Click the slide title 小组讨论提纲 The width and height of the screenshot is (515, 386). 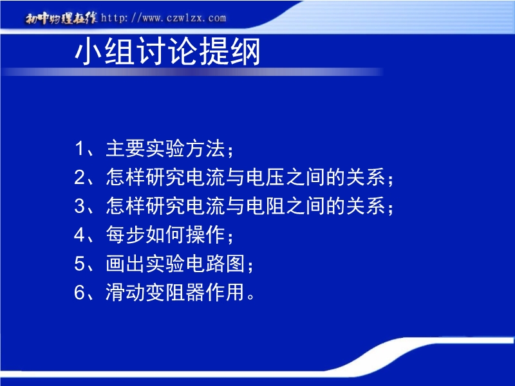click(167, 51)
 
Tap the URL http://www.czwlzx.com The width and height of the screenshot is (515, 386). click(164, 18)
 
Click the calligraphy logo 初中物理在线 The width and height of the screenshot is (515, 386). click(61, 19)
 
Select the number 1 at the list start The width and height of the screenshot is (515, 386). click(79, 149)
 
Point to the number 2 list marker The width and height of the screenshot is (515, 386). click(80, 178)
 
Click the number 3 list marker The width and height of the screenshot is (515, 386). click(80, 206)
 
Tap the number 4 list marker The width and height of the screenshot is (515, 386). click(80, 235)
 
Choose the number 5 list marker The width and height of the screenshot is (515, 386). click(80, 264)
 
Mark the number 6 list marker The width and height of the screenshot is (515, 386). click(80, 292)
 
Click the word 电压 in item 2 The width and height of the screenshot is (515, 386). click(265, 178)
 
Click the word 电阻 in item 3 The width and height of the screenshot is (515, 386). click(265, 206)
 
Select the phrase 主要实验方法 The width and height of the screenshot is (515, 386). click(165, 149)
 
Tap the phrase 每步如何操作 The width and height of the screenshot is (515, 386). click(165, 235)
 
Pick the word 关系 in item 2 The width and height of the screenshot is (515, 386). click(366, 178)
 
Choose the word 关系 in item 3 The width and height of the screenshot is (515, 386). click(366, 206)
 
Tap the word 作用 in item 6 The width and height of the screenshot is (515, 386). click(225, 292)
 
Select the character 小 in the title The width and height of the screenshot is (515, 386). click(89, 51)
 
